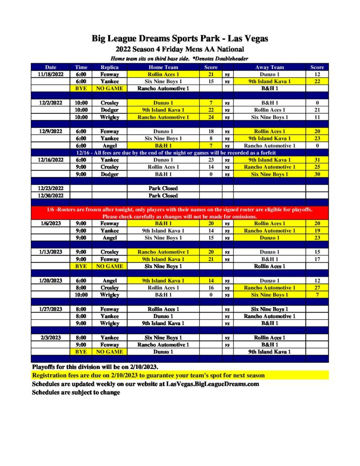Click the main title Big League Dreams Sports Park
180,39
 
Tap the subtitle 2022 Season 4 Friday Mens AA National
180,49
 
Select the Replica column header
109,67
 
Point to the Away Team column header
269,67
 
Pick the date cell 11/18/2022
51,74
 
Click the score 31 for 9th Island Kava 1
317,160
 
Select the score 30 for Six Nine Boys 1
317,174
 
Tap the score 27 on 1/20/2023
317,288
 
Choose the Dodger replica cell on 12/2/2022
109,110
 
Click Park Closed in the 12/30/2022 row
163,196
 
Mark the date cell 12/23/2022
51,188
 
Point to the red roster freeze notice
180,213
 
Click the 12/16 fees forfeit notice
180,153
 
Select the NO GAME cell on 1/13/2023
109,266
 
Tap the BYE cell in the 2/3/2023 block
81,352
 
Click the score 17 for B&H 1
317,259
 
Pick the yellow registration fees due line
148,375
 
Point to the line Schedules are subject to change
76,392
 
